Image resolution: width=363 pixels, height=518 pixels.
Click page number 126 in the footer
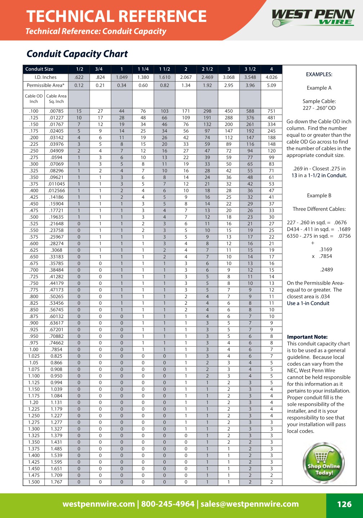point(344,504)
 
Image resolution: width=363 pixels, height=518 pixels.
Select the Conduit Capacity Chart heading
point(77,54)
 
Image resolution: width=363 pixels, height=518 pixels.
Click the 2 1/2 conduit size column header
point(207,69)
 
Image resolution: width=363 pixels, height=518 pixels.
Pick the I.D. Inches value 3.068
point(229,77)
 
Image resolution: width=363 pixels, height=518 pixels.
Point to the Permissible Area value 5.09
point(272,86)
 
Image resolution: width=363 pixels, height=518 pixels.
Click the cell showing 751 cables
point(272,111)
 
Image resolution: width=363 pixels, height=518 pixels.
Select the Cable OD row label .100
point(34,111)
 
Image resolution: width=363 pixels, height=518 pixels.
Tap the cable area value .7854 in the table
point(56,349)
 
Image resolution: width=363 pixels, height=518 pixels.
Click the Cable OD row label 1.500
point(34,482)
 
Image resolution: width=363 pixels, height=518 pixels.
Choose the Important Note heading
point(307,337)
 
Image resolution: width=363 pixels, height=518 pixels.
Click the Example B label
point(319,196)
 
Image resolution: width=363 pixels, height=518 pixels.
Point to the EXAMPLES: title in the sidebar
point(319,74)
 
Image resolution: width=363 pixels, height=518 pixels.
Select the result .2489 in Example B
point(327,270)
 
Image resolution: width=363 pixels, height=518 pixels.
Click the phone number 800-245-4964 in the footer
point(167,504)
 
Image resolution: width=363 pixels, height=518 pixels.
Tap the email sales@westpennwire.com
point(250,504)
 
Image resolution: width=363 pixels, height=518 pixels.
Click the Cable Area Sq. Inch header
point(56,99)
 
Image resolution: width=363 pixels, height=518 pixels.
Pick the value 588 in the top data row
point(250,111)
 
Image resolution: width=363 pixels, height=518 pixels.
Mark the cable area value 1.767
point(56,482)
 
